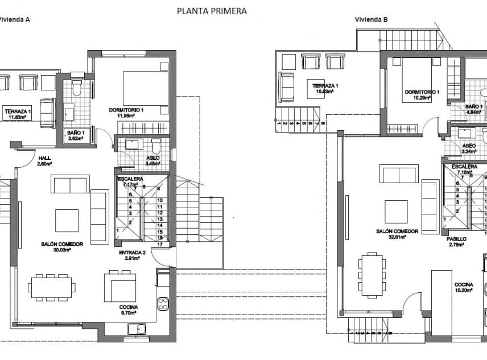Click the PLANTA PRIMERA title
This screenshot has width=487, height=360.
click(212, 11)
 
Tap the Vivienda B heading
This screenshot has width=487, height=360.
click(372, 19)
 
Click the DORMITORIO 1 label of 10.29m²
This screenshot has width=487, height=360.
click(422, 94)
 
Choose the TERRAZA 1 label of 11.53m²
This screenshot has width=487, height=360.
click(18, 114)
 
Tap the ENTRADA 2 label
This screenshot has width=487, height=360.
click(132, 255)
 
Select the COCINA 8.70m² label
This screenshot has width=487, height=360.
click(128, 310)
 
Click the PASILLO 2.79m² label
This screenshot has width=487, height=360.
click(456, 242)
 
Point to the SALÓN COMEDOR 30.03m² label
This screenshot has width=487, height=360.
click(62, 246)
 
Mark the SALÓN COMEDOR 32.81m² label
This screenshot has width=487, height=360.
click(397, 234)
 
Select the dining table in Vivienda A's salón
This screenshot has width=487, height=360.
click(52, 288)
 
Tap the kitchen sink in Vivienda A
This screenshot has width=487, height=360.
click(137, 328)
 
